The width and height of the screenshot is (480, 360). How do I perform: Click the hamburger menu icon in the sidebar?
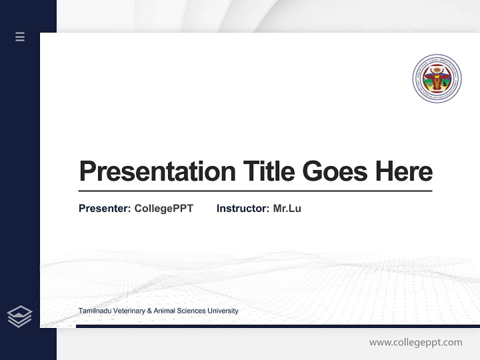(20, 36)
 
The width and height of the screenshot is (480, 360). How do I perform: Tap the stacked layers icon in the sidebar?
(19, 316)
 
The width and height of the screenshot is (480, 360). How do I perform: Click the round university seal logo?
(436, 79)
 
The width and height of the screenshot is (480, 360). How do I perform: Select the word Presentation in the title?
(157, 171)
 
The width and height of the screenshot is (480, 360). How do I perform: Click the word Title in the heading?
(269, 171)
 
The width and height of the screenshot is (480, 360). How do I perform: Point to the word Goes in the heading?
(335, 171)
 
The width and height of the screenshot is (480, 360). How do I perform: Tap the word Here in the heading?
(404, 171)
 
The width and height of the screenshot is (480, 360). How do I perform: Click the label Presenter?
(104, 208)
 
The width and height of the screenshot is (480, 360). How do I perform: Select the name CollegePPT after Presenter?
(163, 208)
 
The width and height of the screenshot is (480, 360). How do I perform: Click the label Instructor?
(242, 208)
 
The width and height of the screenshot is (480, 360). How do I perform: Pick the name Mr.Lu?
(287, 208)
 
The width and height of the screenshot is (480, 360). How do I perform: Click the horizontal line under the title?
(255, 191)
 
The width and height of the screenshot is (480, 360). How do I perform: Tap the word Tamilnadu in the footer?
(94, 311)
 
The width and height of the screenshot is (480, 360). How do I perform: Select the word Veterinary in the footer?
(128, 311)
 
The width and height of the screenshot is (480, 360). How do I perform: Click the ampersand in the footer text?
(149, 311)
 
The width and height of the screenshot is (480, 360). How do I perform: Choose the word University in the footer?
(222, 311)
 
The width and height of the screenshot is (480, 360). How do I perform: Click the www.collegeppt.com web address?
(415, 342)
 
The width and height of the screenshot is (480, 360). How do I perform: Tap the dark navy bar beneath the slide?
(277, 326)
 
